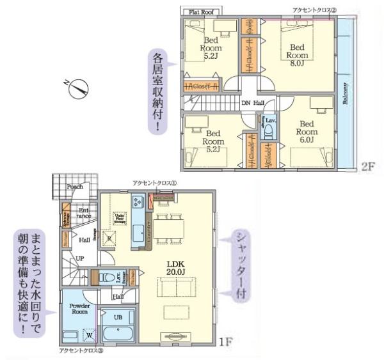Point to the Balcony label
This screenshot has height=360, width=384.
pyautogui.click(x=345, y=96)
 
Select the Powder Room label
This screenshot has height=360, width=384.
pyautogui.click(x=79, y=308)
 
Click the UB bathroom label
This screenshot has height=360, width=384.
pyautogui.click(x=118, y=317)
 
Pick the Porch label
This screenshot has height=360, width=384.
pyautogui.click(x=74, y=187)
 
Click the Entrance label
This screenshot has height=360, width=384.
pyautogui.click(x=83, y=214)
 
